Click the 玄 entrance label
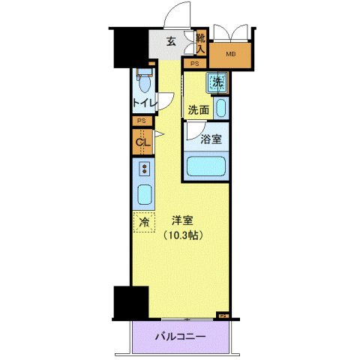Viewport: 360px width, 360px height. (x=172, y=42)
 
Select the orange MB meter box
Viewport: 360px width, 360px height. (x=230, y=55)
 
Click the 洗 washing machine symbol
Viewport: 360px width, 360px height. (x=217, y=83)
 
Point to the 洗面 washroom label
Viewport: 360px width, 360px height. (x=199, y=109)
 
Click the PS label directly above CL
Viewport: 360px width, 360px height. (x=141, y=121)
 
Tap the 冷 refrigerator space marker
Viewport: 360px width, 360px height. (x=142, y=221)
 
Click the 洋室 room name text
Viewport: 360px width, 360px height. (x=183, y=220)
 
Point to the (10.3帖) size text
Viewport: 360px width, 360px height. (x=182, y=235)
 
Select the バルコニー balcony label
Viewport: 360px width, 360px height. (x=180, y=337)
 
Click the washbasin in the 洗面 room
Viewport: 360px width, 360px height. (x=220, y=107)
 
